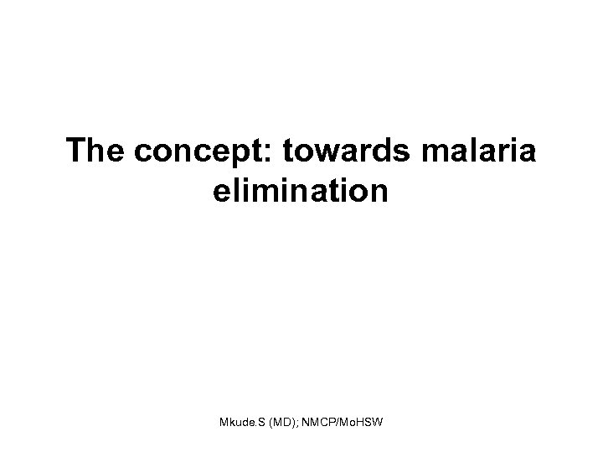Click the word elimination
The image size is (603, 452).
301,192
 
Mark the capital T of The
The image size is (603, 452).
77,152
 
